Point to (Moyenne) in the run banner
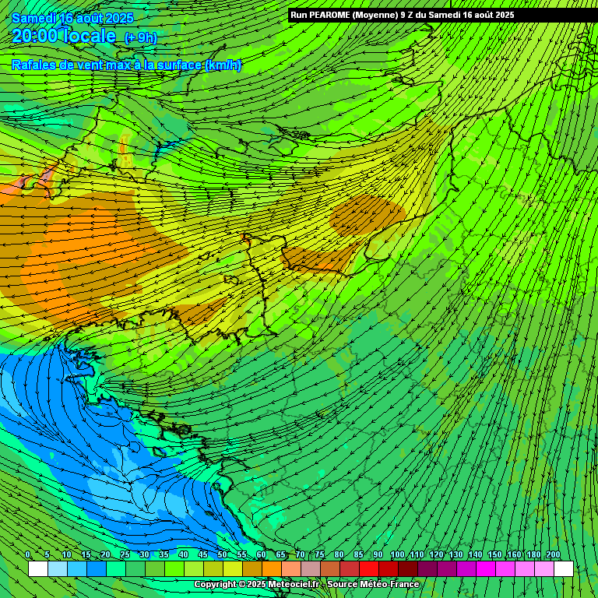pos(385,15)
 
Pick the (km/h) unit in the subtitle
pos(223,65)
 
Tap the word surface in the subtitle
pos(178,65)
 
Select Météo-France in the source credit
pos(391,584)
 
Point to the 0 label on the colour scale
pos(28,554)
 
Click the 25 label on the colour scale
pos(125,554)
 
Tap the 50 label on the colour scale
pos(222,554)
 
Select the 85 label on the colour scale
pos(358,554)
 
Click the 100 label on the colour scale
pos(397,554)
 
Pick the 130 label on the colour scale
pos(456,554)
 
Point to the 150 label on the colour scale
pos(494,554)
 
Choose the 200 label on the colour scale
pos(554,554)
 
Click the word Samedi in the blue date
pos(33,18)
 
